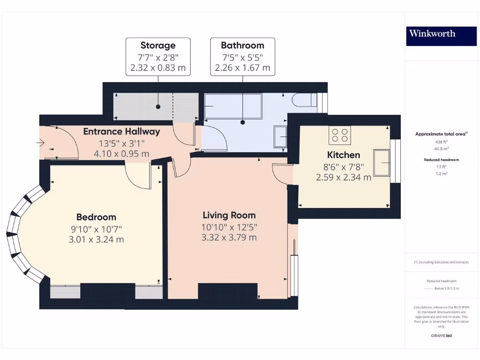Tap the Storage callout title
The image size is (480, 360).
(x=158, y=45)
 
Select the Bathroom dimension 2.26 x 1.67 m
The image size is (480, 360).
(x=242, y=68)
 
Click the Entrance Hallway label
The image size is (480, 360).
(x=121, y=132)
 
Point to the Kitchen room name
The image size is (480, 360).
(x=344, y=155)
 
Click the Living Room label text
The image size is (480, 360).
(x=229, y=216)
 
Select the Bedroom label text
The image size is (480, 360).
(x=96, y=217)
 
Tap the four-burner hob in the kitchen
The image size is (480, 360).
(x=340, y=135)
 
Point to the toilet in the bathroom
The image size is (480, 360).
(x=304, y=100)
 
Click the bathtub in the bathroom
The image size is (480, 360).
(x=233, y=105)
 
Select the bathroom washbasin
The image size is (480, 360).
(x=280, y=137)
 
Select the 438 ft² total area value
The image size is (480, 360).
(x=441, y=141)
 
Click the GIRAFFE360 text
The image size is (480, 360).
(x=441, y=336)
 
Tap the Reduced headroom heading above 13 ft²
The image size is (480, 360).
(x=441, y=159)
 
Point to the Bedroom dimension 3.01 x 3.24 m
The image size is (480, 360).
(x=96, y=240)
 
